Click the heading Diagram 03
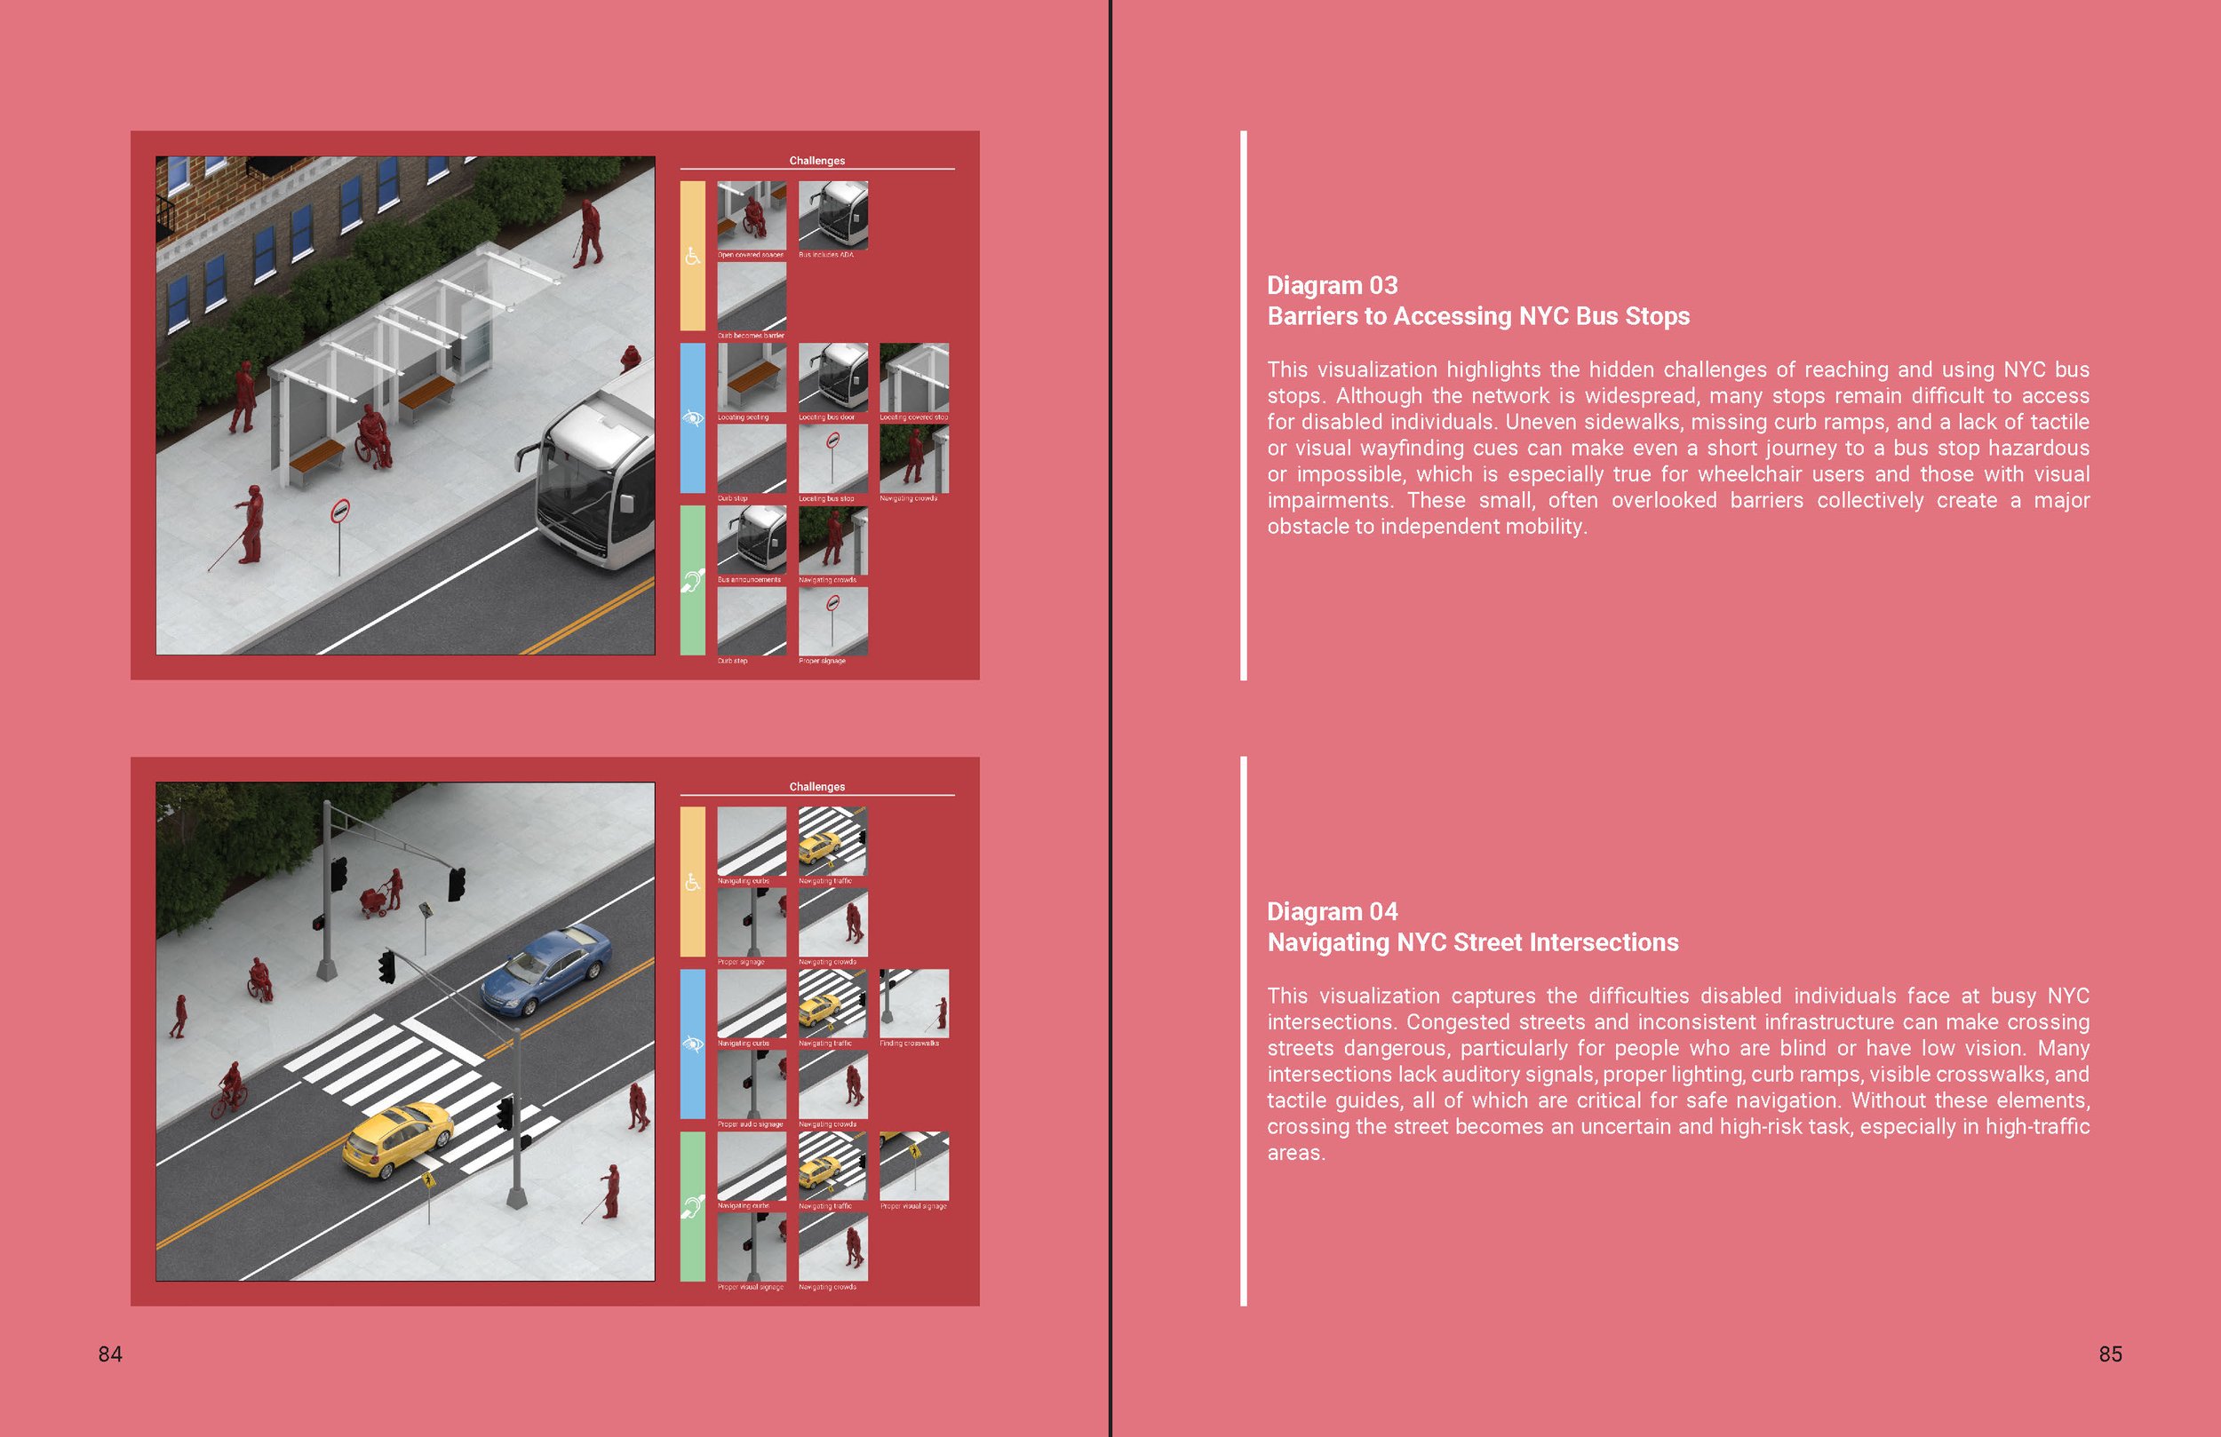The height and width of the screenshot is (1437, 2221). [x=1332, y=285]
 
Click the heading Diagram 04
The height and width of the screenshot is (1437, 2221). [x=1332, y=911]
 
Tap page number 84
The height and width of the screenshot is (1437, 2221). [x=110, y=1354]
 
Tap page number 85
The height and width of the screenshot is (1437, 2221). [x=2110, y=1354]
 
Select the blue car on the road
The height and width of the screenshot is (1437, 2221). [x=545, y=971]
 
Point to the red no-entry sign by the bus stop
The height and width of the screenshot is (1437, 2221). [x=340, y=512]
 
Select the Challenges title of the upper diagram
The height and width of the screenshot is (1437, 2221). [x=816, y=161]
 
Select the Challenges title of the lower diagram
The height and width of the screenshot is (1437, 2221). [x=816, y=787]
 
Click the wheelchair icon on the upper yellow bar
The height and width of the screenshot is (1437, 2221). [x=692, y=256]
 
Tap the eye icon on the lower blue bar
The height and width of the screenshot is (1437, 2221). [x=692, y=1044]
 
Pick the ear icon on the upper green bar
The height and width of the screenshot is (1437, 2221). [x=692, y=581]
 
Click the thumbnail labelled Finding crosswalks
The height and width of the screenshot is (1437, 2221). [x=913, y=1003]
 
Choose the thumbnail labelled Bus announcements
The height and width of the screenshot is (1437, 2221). [x=752, y=540]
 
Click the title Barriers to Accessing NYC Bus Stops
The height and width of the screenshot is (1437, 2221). [x=1477, y=316]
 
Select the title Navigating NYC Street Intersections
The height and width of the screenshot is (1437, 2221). [x=1472, y=942]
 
